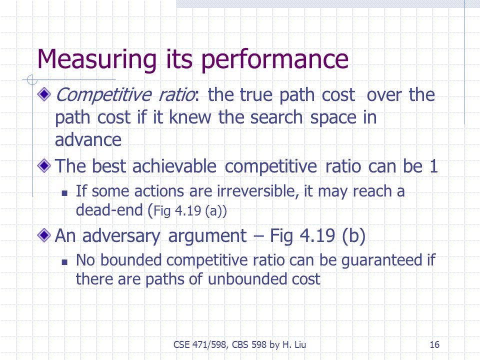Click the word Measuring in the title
pyautogui.click(x=97, y=59)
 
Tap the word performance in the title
pyautogui.click(x=275, y=59)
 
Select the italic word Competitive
pyautogui.click(x=104, y=95)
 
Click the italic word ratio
pyautogui.click(x=177, y=94)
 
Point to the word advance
pyautogui.click(x=88, y=140)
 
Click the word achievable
pyautogui.click(x=174, y=166)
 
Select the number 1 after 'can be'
pyautogui.click(x=434, y=166)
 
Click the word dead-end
pyautogui.click(x=109, y=210)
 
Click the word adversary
pyautogui.click(x=121, y=236)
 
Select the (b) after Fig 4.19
pyautogui.click(x=354, y=235)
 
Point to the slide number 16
pyautogui.click(x=434, y=344)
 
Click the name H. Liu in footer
pyautogui.click(x=294, y=344)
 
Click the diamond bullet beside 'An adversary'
pyautogui.click(x=44, y=235)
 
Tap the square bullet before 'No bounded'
pyautogui.click(x=64, y=262)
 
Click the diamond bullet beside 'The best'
pyautogui.click(x=44, y=165)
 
